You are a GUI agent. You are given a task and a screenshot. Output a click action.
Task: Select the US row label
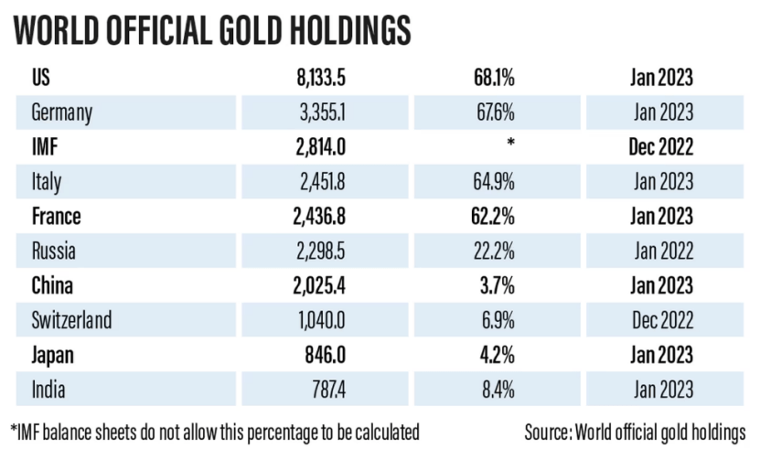coord(41,78)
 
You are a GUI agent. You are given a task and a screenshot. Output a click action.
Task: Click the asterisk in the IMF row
coord(510,145)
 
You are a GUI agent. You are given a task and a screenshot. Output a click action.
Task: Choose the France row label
coord(56,217)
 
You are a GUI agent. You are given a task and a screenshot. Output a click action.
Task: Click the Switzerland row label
coord(71,320)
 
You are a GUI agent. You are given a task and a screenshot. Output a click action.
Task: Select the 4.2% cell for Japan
coord(498,355)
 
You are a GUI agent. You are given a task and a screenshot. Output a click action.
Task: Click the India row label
coord(48,390)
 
